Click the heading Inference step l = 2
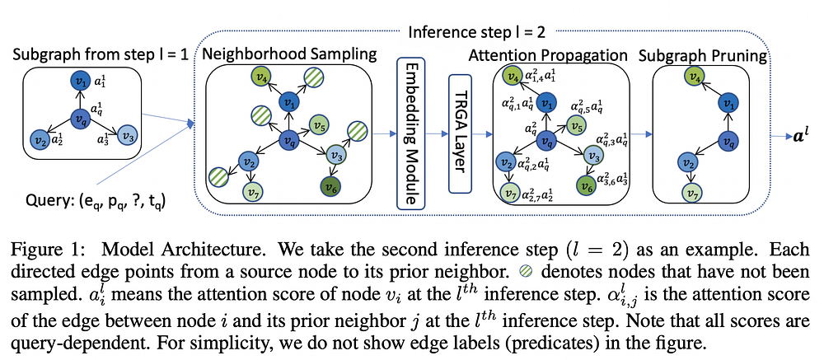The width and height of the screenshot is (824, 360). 476,33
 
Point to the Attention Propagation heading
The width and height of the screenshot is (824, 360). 548,55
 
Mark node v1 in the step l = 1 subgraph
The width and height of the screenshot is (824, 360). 82,81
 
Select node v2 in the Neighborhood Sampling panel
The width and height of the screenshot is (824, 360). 247,161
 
